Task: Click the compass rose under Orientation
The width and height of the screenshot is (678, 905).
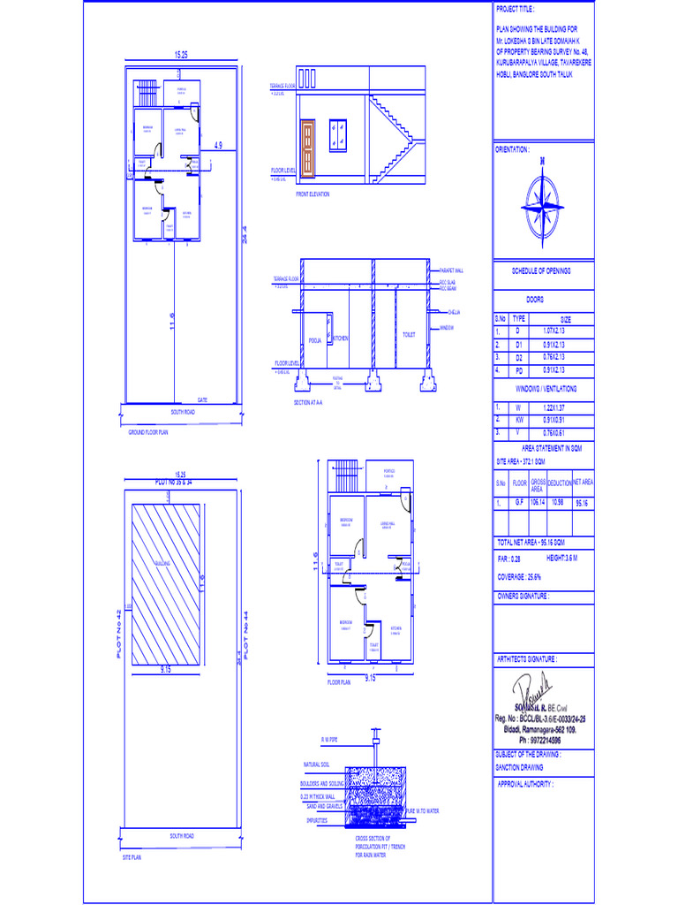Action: coord(542,204)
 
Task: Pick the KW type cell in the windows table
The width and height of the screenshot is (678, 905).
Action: coord(519,420)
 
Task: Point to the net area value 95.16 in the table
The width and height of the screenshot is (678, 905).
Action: coord(582,502)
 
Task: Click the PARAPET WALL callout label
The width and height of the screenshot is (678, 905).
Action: coord(453,270)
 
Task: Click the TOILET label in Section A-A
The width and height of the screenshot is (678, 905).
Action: coord(409,335)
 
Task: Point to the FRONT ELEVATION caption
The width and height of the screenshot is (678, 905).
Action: coord(313,194)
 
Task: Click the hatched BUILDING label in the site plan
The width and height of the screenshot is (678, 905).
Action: coord(162,562)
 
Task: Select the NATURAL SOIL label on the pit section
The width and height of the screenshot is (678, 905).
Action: coord(316,764)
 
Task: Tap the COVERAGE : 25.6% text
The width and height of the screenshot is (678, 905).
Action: coord(521,577)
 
